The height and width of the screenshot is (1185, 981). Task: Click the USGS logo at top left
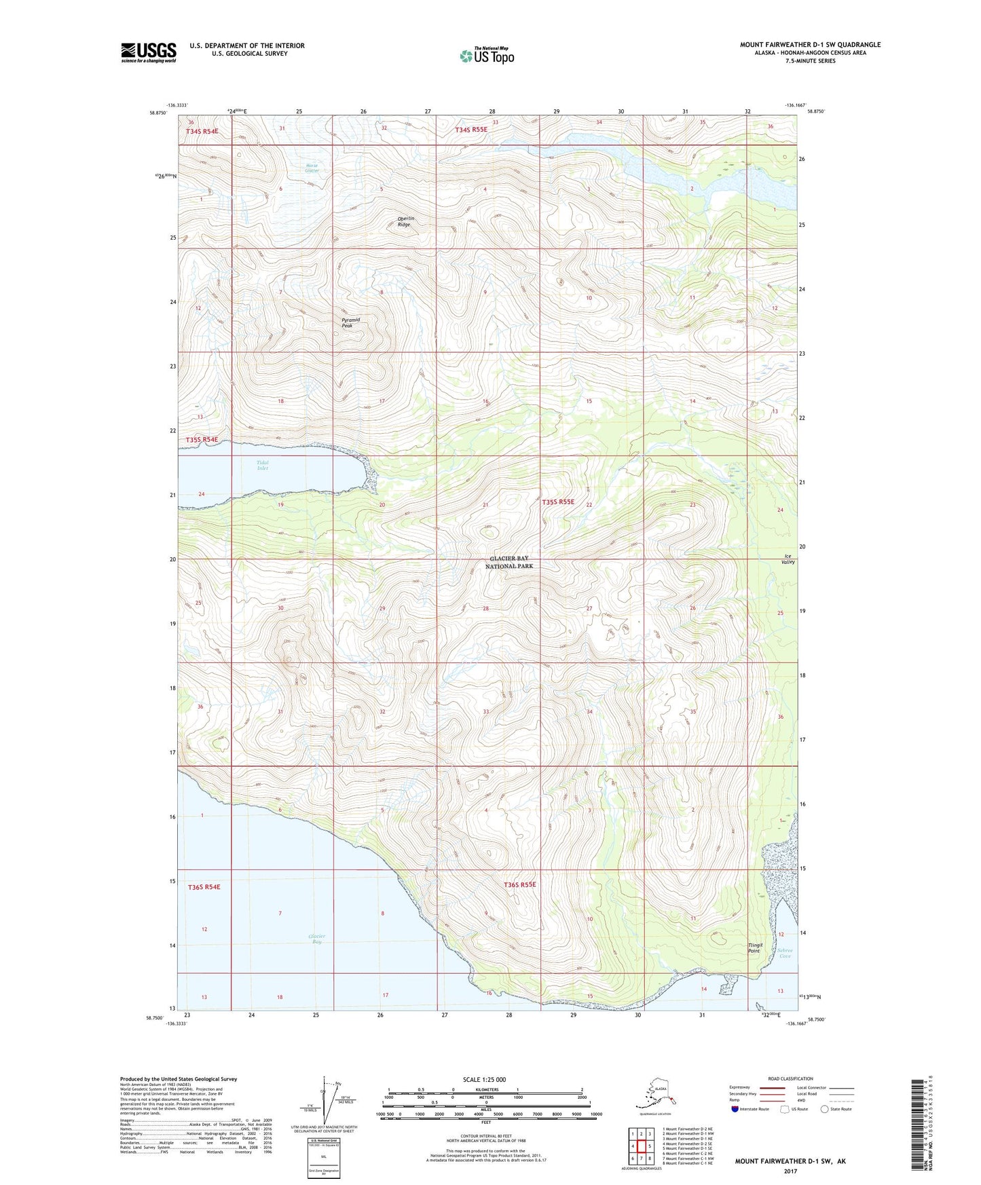click(x=148, y=52)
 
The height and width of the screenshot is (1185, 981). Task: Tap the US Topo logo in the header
click(x=486, y=55)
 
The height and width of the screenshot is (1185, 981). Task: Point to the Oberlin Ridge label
click(x=405, y=221)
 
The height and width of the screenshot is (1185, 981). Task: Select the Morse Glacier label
click(x=312, y=168)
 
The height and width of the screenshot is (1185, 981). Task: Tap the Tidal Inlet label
click(x=262, y=465)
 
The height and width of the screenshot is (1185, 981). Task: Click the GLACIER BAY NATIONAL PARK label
click(x=509, y=562)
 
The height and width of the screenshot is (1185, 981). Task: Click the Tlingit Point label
click(x=755, y=947)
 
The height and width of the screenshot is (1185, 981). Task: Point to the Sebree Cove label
click(x=785, y=953)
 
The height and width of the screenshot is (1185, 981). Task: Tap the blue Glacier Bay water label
click(x=314, y=939)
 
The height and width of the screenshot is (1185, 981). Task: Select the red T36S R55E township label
click(x=520, y=884)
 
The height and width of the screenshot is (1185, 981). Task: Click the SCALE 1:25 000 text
click(x=485, y=1079)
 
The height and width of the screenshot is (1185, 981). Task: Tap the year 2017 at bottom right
click(x=790, y=1171)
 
